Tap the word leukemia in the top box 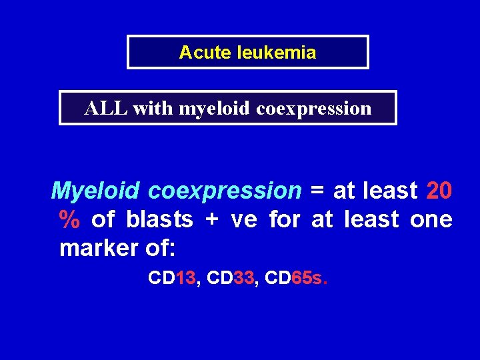276,53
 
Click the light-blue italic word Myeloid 95,191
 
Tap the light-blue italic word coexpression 225,191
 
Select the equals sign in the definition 317,191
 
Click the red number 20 439,191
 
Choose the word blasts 159,219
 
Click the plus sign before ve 212,219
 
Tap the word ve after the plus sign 244,219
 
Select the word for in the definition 284,219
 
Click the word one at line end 431,219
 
